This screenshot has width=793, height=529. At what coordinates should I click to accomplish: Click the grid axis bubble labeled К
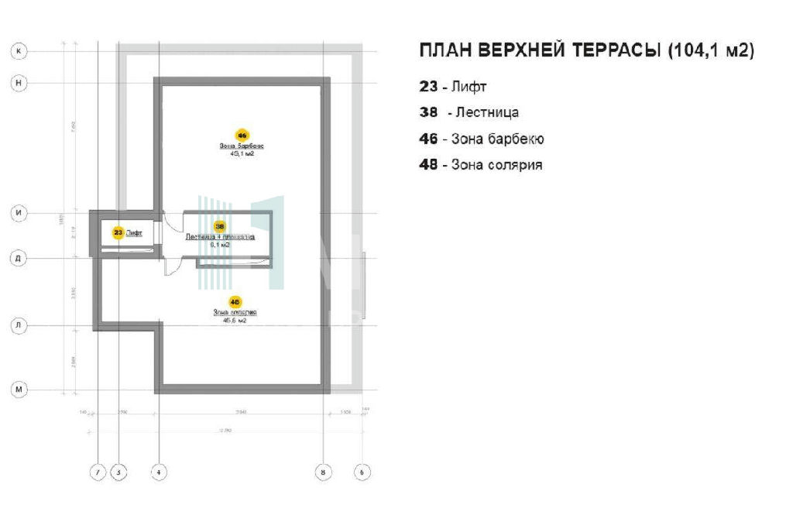click(19, 51)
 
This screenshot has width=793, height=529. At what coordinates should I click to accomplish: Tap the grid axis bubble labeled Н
click(19, 82)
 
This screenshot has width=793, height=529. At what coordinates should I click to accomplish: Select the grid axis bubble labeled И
click(19, 213)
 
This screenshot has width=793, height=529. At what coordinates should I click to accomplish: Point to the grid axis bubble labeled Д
click(19, 259)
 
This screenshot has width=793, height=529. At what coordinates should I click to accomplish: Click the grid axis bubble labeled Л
click(19, 326)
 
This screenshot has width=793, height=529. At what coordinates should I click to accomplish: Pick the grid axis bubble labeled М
click(19, 390)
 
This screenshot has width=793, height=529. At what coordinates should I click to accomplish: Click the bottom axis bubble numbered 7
click(98, 471)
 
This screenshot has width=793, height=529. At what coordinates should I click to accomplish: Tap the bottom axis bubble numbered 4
click(158, 471)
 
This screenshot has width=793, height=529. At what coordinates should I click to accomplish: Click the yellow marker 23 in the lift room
click(118, 232)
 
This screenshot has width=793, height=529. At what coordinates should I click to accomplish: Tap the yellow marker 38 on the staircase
click(220, 227)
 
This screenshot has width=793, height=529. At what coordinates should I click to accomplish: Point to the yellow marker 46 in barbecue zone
click(242, 135)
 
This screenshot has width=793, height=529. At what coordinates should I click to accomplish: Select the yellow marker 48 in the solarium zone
click(235, 301)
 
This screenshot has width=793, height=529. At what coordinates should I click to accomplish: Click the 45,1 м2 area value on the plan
click(242, 154)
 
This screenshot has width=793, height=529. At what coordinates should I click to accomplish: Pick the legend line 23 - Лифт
click(453, 87)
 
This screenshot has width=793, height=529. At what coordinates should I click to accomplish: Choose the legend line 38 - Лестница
click(469, 112)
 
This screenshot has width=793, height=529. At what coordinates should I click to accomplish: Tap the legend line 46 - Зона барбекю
click(482, 139)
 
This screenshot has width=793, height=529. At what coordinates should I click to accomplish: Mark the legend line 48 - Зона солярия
click(480, 165)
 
